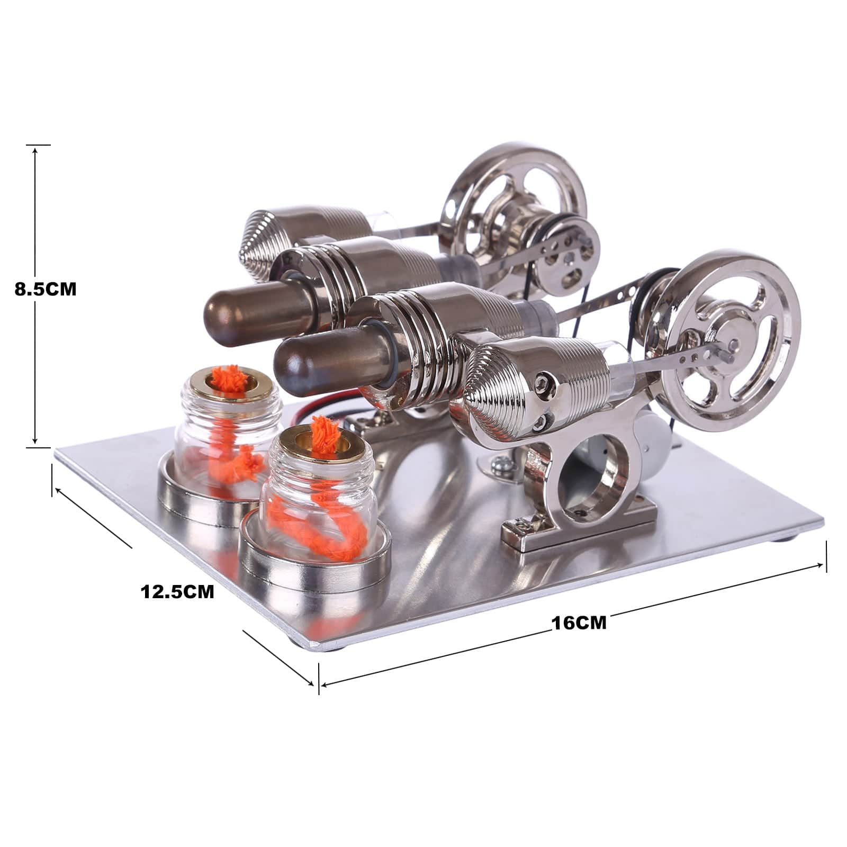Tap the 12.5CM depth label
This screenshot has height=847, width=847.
[x=177, y=591]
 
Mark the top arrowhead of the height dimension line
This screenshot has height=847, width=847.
[x=35, y=150]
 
